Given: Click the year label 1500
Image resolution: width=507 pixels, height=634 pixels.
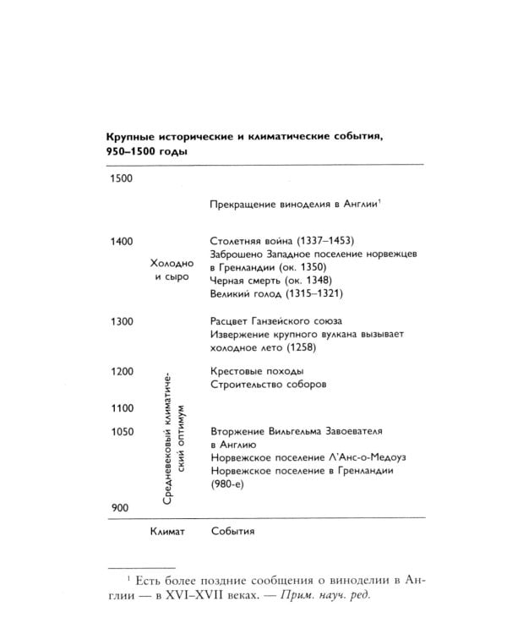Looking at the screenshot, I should coord(123,178).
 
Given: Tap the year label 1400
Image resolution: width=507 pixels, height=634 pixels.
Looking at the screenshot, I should coord(123,242).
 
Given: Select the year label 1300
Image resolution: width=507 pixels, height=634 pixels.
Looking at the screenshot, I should coord(123,322).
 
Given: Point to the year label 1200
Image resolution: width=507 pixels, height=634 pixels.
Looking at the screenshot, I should coord(123,371).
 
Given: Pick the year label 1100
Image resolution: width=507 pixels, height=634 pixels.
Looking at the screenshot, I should coord(123,408).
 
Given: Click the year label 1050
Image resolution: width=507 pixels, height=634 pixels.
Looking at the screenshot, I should coord(123,432).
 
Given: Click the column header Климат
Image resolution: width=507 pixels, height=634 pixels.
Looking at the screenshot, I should coord(166,532).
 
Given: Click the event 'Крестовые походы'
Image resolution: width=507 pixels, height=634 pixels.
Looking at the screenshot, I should coord(255,371).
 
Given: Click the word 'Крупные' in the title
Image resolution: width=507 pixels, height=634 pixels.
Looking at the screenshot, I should coord(131,138).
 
